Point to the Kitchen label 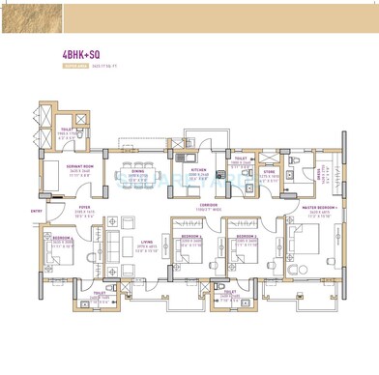tap(198, 168)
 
